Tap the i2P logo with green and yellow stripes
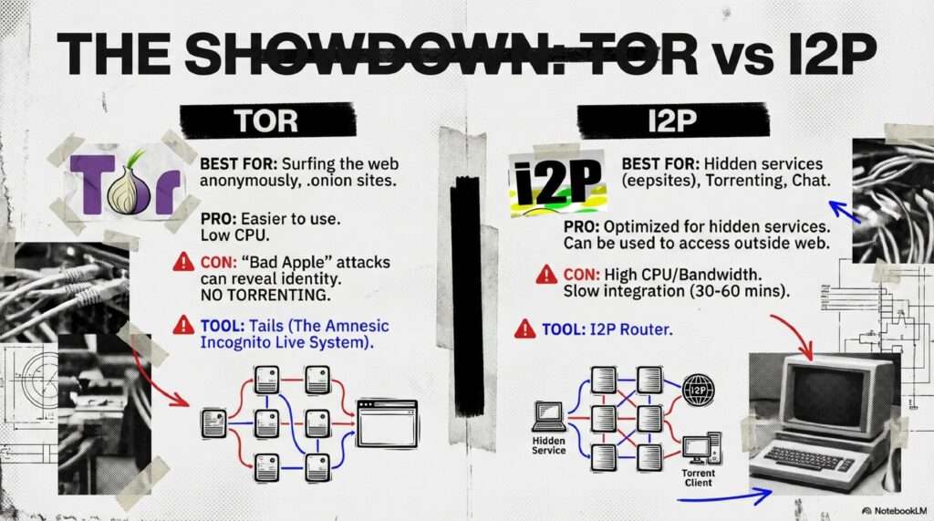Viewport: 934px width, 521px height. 557,182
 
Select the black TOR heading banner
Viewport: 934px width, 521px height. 267,120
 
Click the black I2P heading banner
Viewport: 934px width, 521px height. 672,120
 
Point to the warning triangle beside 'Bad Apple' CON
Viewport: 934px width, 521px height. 183,262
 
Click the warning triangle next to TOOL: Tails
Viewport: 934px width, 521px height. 183,326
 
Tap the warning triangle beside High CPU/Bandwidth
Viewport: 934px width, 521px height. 546,275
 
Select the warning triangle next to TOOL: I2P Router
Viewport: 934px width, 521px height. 524,328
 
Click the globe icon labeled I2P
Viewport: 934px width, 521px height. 698,390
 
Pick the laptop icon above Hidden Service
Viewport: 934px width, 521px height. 548,416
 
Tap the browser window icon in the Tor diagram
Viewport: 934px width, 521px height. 387,424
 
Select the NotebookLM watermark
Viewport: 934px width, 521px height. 894,511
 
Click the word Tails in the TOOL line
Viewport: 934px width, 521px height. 265,326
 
